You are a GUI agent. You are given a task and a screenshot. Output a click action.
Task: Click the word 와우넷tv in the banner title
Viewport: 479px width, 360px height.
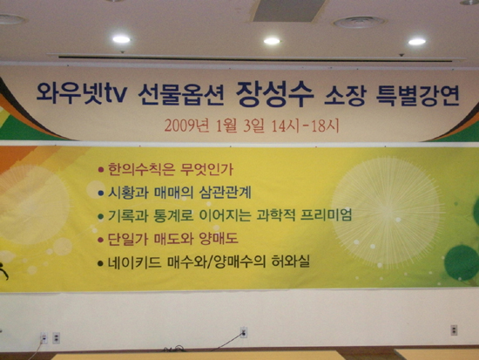pyautogui.click(x=81, y=93)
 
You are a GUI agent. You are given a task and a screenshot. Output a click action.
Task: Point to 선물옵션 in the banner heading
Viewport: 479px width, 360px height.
pyautogui.click(x=180, y=95)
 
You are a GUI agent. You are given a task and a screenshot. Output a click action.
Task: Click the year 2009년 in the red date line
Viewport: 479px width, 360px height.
pyautogui.click(x=187, y=126)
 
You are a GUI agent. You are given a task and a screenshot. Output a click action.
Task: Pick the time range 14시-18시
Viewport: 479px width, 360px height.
pyautogui.click(x=305, y=126)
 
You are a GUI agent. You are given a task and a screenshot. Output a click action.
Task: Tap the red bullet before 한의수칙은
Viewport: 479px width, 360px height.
pyautogui.click(x=101, y=170)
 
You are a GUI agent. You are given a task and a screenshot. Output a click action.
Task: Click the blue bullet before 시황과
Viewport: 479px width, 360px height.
pyautogui.click(x=101, y=194)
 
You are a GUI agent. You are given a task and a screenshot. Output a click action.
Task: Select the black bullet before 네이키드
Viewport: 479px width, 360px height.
pyautogui.click(x=100, y=263)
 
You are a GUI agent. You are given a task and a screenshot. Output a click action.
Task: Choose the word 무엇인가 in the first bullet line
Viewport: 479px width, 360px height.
pyautogui.click(x=206, y=169)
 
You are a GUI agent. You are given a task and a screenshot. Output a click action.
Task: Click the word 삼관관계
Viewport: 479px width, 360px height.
pyautogui.click(x=225, y=193)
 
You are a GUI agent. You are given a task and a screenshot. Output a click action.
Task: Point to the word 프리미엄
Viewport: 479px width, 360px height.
pyautogui.click(x=326, y=215)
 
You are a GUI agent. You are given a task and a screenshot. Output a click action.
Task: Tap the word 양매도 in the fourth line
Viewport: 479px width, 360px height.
pyautogui.click(x=218, y=239)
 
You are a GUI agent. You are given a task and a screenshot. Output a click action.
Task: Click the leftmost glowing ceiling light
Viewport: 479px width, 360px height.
pyautogui.click(x=121, y=39)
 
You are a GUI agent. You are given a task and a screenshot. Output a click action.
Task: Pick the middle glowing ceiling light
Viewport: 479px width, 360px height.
pyautogui.click(x=272, y=41)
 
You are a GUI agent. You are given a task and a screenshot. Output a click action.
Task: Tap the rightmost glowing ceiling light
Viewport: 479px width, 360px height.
pyautogui.click(x=416, y=42)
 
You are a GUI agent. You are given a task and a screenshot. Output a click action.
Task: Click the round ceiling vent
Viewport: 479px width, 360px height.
pyautogui.click(x=358, y=23)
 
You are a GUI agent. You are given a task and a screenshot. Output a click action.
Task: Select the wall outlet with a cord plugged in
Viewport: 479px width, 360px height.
pyautogui.click(x=244, y=332)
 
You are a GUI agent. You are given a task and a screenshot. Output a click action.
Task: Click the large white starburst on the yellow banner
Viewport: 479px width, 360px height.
pyautogui.click(x=388, y=213)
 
